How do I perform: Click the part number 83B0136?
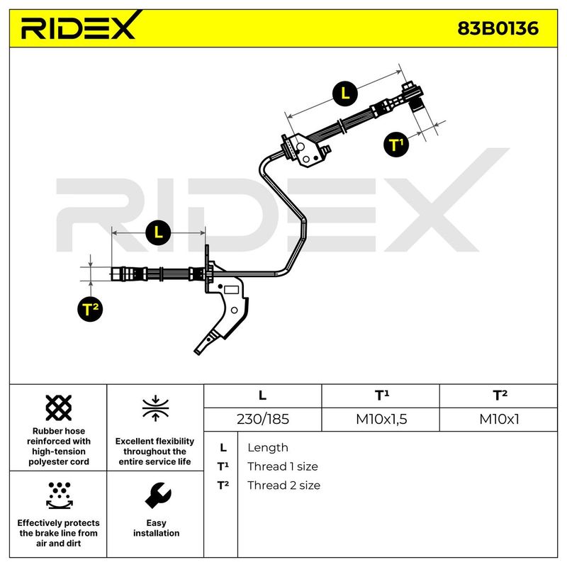pos(498,28)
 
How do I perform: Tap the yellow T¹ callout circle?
pos(398,145)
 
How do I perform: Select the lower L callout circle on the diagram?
pos(158,231)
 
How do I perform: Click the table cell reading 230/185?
pos(262,419)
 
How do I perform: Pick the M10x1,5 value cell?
pos(381,419)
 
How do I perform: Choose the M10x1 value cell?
pos(499,419)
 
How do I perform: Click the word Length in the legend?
pos(268,447)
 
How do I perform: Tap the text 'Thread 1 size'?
pos(282,466)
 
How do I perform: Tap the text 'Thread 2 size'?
pos(283,485)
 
